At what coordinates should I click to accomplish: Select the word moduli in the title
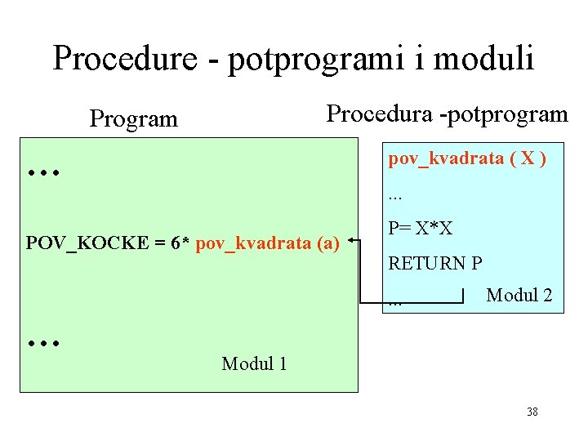[x=486, y=58]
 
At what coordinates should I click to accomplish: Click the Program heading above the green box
[x=133, y=119]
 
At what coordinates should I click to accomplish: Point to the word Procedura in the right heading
[x=380, y=114]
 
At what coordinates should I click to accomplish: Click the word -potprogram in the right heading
[x=503, y=114]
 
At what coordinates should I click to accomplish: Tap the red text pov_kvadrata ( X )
[x=467, y=158]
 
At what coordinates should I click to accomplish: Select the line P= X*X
[x=421, y=229]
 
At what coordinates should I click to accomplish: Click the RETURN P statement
[x=435, y=264]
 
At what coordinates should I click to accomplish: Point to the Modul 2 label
[x=519, y=296]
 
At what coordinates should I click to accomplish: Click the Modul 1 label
[x=254, y=363]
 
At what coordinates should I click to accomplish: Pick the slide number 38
[x=532, y=412]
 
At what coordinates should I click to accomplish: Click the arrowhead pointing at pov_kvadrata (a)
[x=350, y=241]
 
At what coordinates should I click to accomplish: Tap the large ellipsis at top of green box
[x=40, y=173]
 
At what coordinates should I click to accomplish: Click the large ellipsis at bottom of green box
[x=40, y=344]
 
